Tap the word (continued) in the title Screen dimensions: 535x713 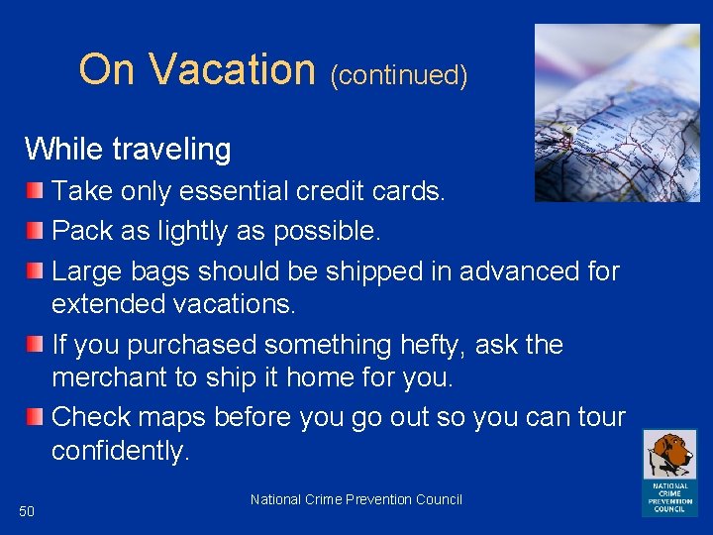point(398,75)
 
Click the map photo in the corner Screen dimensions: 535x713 point(616,113)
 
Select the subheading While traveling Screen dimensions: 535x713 point(128,150)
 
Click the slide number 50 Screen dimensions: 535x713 point(27,511)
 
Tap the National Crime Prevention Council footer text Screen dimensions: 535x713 point(356,499)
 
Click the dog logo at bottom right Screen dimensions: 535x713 point(669,472)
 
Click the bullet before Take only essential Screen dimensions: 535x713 point(35,188)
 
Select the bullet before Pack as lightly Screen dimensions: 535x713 point(35,230)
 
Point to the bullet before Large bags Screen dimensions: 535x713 point(35,269)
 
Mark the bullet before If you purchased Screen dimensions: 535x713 point(35,345)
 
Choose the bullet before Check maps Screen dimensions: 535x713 point(35,416)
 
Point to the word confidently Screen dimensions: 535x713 point(120,452)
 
